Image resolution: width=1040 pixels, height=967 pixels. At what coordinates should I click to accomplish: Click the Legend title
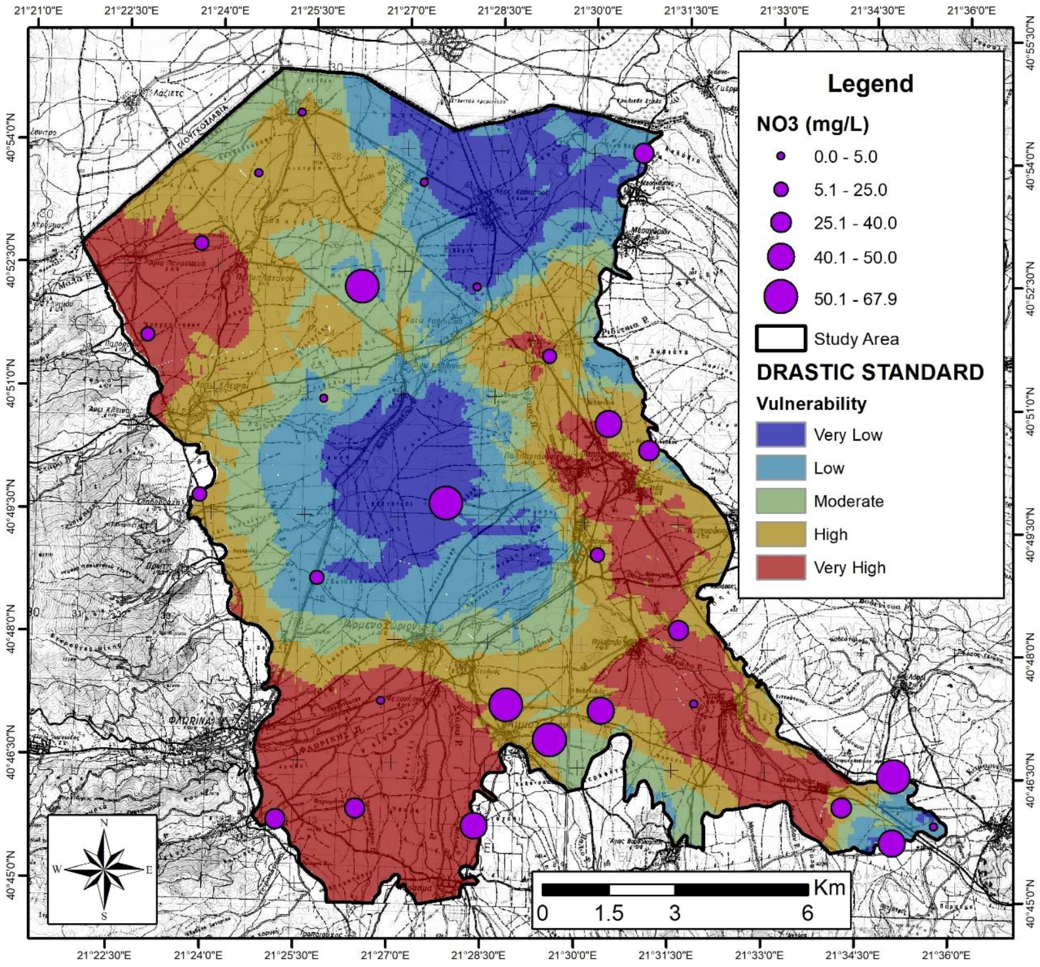(870, 84)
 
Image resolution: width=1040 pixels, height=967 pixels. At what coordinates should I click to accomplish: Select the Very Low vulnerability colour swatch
(780, 435)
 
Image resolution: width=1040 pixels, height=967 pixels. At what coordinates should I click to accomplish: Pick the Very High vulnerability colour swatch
(780, 567)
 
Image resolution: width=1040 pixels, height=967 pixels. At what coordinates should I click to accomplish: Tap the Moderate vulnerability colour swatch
(780, 501)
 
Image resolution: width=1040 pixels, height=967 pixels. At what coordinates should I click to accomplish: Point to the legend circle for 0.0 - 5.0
(780, 157)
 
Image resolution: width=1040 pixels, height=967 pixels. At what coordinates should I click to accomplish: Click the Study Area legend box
(780, 338)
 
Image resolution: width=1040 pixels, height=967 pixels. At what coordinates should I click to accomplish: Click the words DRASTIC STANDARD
(870, 372)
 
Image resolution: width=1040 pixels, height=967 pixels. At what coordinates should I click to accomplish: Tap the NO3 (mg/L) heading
(813, 124)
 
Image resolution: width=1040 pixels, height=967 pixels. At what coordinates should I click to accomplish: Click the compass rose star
(104, 869)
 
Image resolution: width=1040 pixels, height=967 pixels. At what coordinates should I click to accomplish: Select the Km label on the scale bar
(829, 888)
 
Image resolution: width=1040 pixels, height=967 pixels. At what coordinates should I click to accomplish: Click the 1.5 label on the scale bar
(609, 913)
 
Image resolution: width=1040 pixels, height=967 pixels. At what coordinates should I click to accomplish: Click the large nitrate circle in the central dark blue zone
(446, 503)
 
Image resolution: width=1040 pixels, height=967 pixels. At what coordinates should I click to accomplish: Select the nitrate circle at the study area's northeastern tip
(644, 153)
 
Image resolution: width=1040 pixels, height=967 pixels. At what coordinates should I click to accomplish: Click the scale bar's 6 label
(807, 913)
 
